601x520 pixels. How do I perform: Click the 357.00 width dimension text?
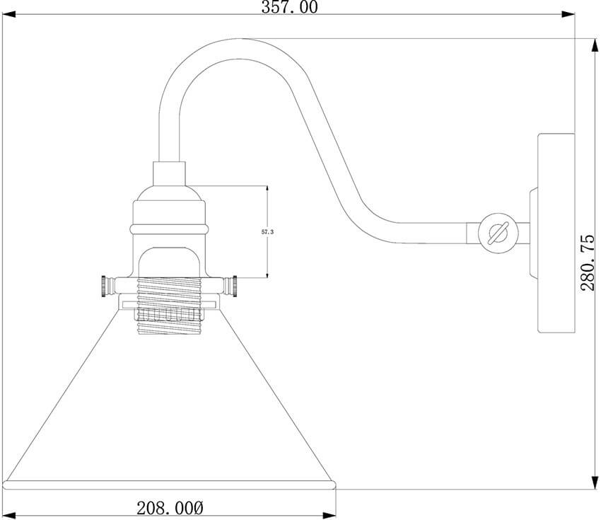click(290, 8)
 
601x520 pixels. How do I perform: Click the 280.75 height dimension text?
click(590, 262)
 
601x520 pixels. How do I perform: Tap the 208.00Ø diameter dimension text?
click(170, 507)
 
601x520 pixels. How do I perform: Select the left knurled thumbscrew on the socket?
click(106, 286)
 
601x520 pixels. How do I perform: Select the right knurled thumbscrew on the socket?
click(230, 286)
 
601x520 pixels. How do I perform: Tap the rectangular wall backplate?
click(556, 233)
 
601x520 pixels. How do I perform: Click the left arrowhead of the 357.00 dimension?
click(11, 13)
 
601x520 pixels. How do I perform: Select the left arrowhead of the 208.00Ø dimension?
click(11, 514)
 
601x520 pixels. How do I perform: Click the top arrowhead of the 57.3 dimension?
click(267, 189)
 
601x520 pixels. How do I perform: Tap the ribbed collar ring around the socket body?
click(170, 227)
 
